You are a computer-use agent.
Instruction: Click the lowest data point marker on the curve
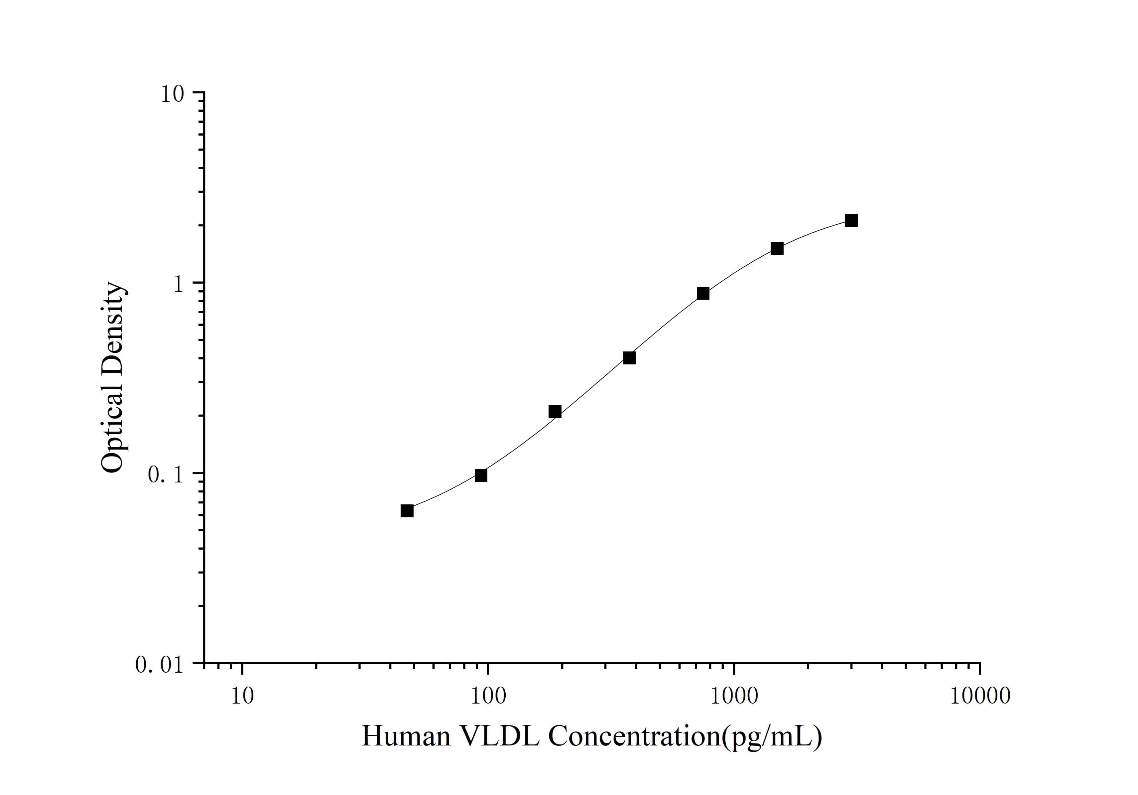[x=407, y=511]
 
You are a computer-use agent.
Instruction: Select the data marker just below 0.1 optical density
[x=481, y=475]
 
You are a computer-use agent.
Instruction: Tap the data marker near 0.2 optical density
[x=555, y=411]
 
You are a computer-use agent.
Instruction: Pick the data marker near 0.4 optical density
[x=629, y=358]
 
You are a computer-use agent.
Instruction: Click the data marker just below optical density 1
[x=703, y=294]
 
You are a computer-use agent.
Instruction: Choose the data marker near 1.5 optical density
[x=777, y=248]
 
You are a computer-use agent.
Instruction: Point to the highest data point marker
[x=851, y=220]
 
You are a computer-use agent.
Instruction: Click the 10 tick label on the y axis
[x=172, y=94]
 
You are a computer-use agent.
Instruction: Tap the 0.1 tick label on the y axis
[x=165, y=474]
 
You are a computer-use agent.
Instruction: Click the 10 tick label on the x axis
[x=242, y=696]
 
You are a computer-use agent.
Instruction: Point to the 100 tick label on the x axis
[x=488, y=696]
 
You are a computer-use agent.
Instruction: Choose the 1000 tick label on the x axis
[x=734, y=696]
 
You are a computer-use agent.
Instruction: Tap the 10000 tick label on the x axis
[x=980, y=696]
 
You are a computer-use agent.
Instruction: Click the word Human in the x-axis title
[x=406, y=736]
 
